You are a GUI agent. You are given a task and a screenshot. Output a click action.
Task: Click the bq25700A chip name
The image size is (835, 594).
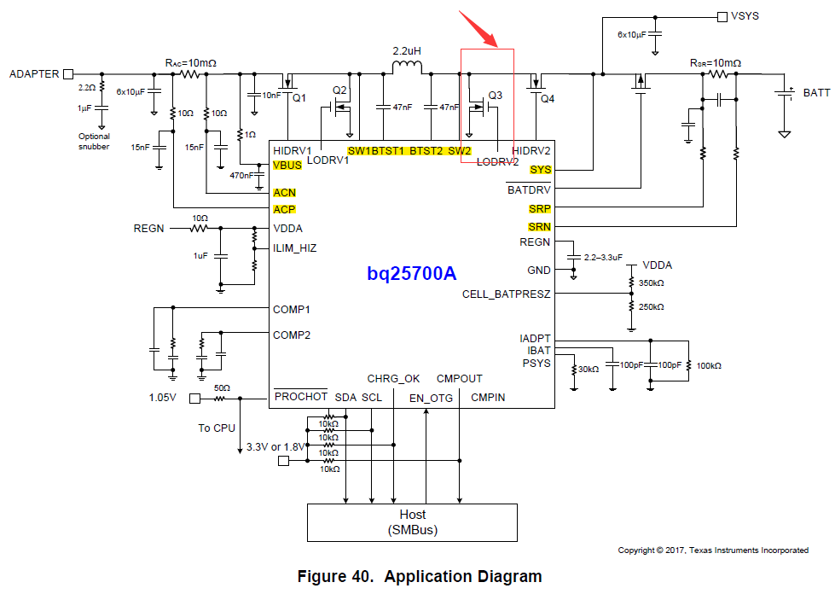tap(412, 274)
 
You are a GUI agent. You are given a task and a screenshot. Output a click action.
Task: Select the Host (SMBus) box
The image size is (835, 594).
tap(412, 522)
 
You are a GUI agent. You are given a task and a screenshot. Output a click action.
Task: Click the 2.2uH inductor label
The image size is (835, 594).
tap(408, 51)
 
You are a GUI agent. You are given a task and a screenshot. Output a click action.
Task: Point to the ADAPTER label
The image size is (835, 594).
tap(34, 74)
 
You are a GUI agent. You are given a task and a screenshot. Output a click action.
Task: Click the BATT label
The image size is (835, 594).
tap(816, 93)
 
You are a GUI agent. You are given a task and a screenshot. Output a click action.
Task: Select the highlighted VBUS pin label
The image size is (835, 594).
tap(287, 166)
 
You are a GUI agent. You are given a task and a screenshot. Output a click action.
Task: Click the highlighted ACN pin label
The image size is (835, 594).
tap(284, 193)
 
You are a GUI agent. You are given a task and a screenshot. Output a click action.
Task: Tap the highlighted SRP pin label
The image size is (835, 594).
tap(539, 208)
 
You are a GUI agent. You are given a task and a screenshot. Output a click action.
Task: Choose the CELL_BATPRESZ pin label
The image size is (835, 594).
tap(506, 294)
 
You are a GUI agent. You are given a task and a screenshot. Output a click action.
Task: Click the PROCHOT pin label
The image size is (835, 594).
tap(300, 397)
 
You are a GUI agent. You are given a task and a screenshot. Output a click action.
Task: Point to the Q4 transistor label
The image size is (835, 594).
tap(548, 99)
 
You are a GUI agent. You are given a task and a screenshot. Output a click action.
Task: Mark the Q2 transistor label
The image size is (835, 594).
tap(340, 90)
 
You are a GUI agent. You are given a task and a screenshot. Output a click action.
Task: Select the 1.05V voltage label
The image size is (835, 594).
tap(164, 398)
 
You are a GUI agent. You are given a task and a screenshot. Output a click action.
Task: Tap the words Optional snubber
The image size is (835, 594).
tap(94, 142)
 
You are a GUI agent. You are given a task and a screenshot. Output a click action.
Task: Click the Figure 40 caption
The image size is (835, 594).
tap(419, 577)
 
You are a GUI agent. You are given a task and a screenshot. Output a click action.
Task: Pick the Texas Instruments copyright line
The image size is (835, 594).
tap(713, 550)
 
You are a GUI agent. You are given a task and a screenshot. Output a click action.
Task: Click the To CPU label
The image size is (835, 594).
tap(217, 428)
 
